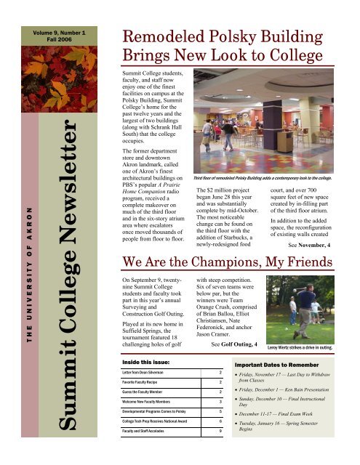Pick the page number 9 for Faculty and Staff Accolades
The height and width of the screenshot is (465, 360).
[220, 430]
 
